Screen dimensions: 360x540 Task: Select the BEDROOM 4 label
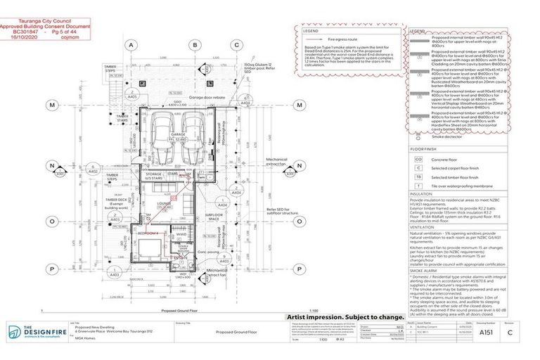[150, 232]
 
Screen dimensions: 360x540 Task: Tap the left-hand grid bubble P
[52, 268]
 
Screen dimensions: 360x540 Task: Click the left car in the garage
[160, 130]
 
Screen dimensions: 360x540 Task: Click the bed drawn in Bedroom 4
[149, 248]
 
